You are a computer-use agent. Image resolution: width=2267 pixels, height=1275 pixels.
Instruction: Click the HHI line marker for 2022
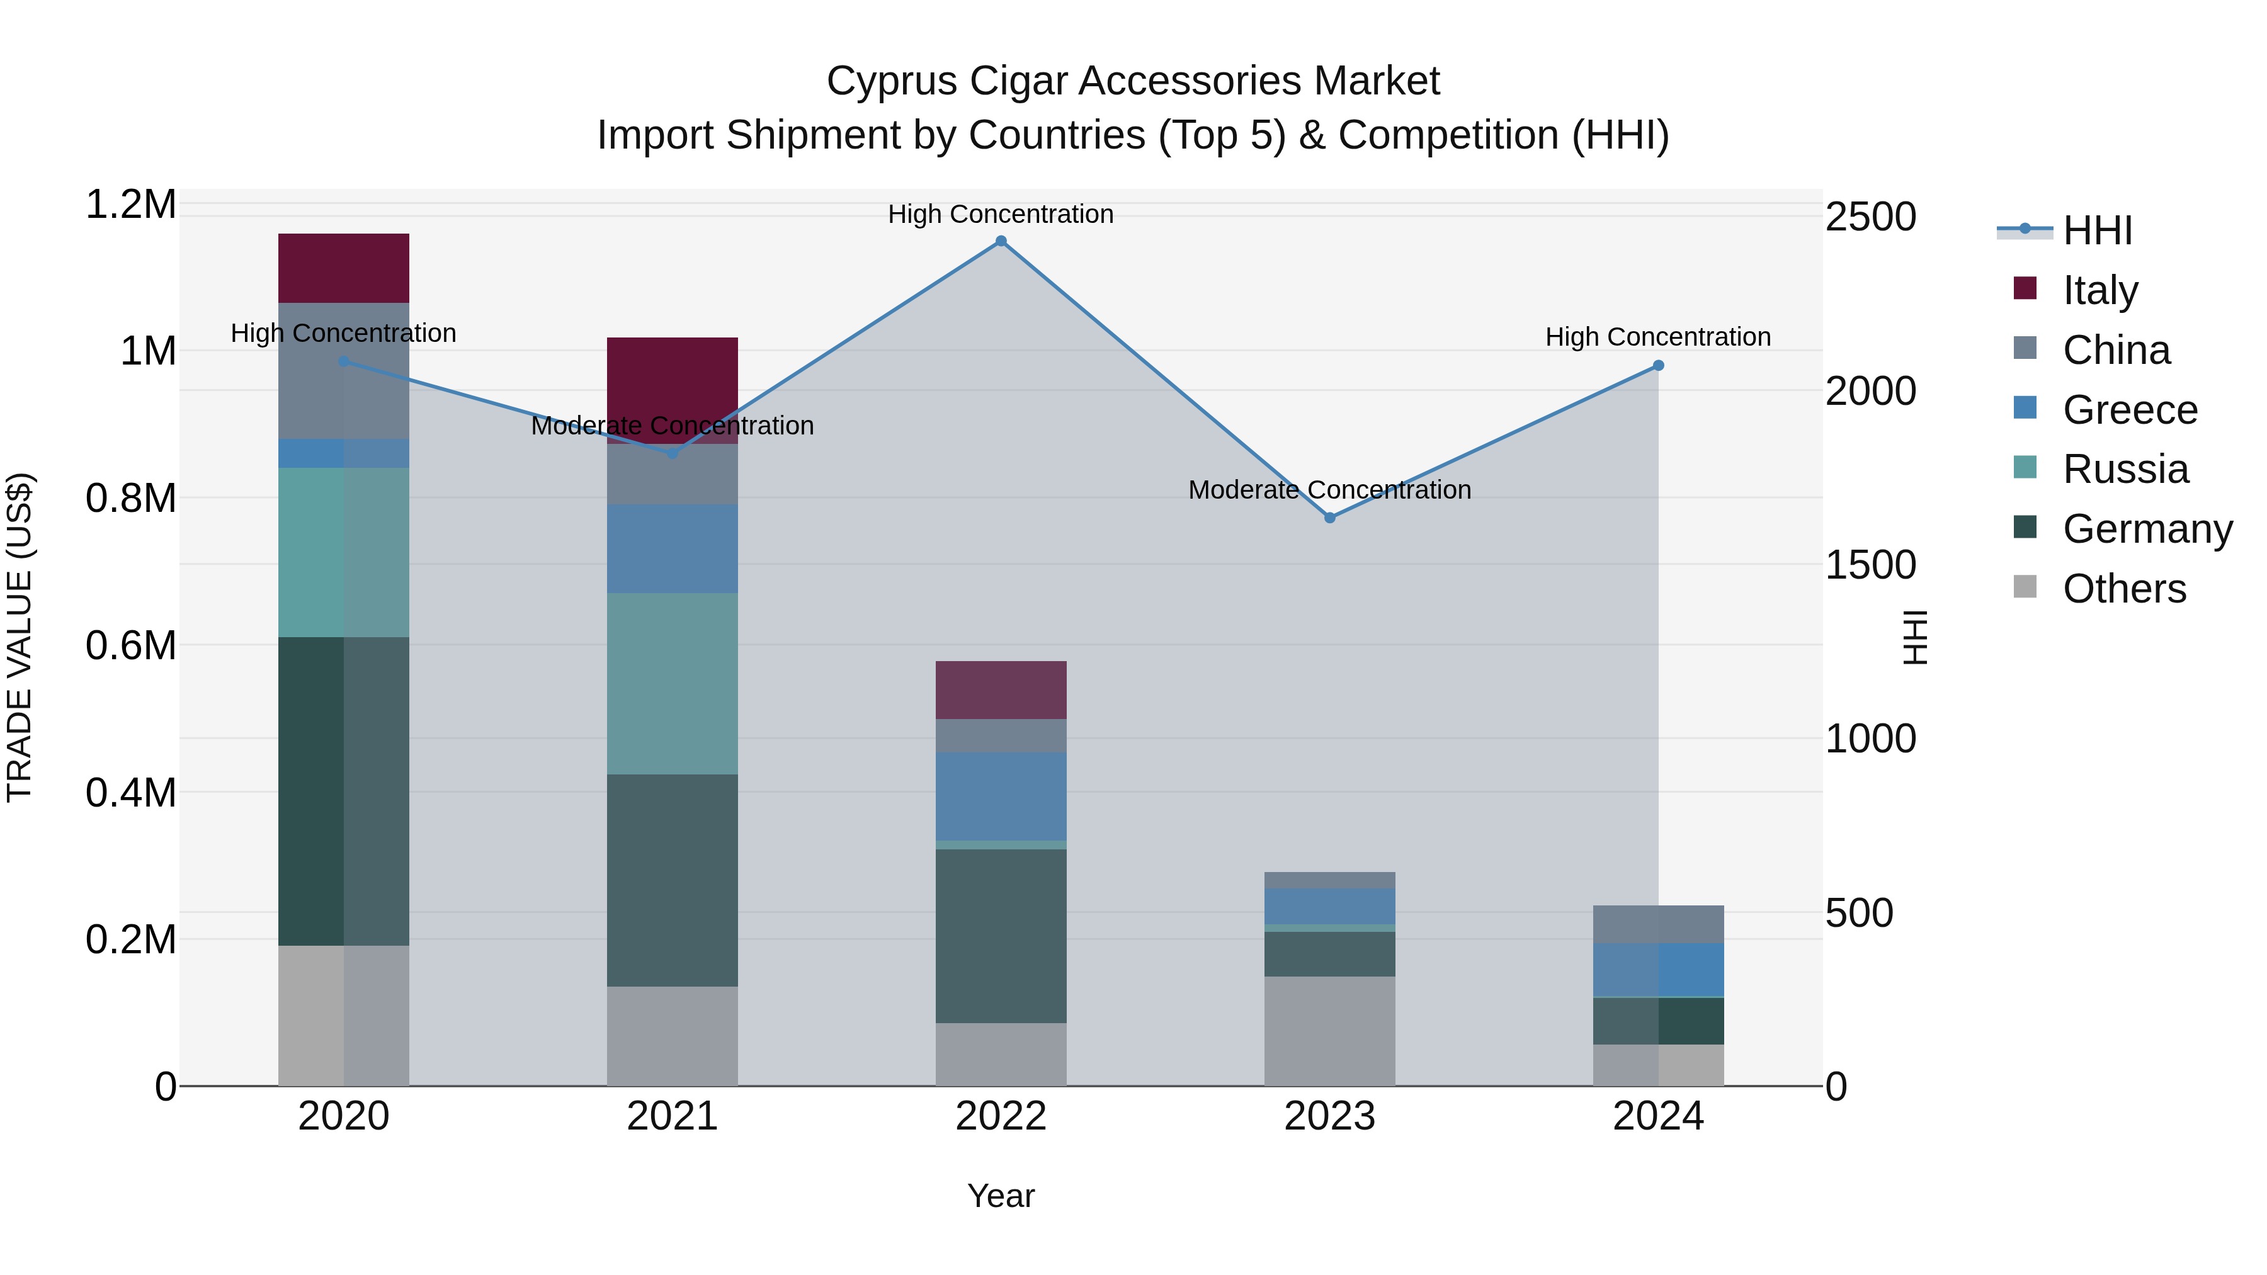(1001, 241)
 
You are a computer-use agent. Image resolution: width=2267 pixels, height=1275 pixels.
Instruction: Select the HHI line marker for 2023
(1330, 518)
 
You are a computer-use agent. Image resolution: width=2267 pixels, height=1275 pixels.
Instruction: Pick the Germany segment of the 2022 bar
(1001, 936)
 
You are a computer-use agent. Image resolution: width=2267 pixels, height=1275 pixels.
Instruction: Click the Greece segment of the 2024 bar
(1658, 970)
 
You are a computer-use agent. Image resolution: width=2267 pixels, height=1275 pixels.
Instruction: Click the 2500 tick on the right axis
(1870, 217)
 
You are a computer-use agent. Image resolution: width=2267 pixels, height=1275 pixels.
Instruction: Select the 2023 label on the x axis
(1330, 1116)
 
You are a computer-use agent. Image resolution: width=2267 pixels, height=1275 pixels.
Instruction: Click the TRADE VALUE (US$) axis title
(20, 637)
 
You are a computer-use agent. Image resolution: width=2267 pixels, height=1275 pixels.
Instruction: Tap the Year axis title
(1001, 1196)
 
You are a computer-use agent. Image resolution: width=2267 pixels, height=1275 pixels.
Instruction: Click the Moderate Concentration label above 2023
(1330, 490)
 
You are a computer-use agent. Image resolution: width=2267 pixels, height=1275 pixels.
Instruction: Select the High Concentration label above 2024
(1658, 337)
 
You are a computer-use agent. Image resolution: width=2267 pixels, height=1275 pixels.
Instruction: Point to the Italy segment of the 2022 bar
(1001, 690)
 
